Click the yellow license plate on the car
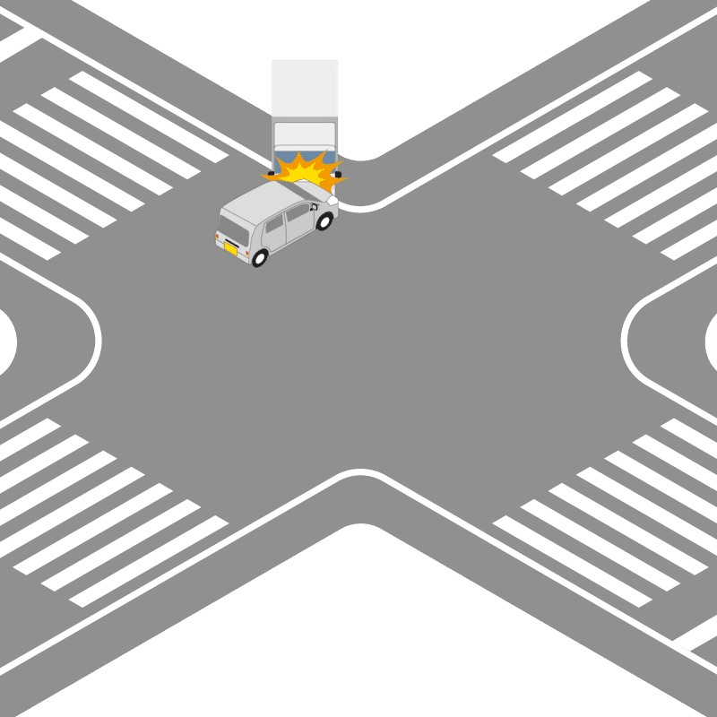pos(231,250)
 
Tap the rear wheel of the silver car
pos(260,258)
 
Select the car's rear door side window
pos(274,230)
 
